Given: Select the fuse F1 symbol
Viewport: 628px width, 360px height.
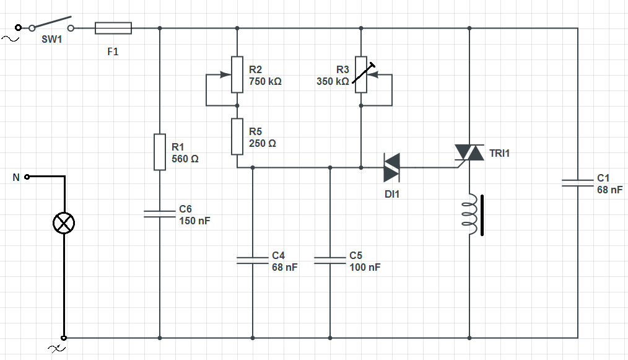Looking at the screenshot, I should tap(113, 28).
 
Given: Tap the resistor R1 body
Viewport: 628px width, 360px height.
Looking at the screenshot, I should tap(160, 152).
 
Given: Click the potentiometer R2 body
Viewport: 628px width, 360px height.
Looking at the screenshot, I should tap(237, 74).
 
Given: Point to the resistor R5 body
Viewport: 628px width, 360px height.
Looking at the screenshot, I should tap(237, 137).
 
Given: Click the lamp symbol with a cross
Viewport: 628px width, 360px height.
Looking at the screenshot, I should tap(64, 222).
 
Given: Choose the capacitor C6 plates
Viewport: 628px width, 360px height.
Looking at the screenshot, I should tap(160, 214).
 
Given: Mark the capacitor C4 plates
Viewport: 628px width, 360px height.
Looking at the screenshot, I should tap(253, 260).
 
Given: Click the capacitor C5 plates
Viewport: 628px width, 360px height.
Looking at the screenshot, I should tap(329, 260).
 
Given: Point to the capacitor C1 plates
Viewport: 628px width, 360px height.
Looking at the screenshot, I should tap(577, 183).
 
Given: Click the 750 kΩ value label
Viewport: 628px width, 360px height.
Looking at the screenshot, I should tap(265, 81).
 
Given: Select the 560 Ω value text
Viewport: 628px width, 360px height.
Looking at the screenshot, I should tap(185, 159).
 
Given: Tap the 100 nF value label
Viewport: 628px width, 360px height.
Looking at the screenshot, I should tap(365, 267).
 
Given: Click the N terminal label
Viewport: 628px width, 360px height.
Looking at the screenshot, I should tap(16, 178).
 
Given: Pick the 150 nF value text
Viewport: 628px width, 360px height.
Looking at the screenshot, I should tap(195, 221).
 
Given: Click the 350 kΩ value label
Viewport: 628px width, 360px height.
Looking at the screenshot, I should tap(333, 81).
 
